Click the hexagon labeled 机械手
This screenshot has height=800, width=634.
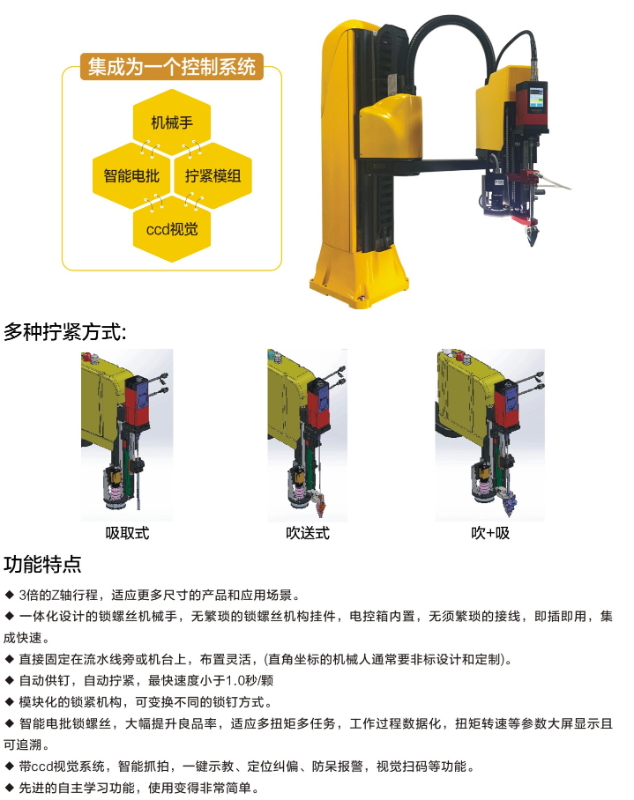[172, 122]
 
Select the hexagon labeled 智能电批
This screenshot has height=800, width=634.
[131, 175]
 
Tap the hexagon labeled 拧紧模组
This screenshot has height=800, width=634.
[213, 175]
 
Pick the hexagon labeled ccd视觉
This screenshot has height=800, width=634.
[172, 229]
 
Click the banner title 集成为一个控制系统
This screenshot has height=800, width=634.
[172, 67]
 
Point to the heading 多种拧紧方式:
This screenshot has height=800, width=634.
[65, 332]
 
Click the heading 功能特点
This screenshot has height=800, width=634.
[42, 564]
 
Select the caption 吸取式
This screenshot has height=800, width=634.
[127, 533]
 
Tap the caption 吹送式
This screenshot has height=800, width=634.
[308, 533]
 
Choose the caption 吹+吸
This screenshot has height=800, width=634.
[490, 533]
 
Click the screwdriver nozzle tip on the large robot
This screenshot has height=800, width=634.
[532, 239]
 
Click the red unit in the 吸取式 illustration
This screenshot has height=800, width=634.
[138, 402]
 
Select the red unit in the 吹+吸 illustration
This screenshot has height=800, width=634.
[506, 403]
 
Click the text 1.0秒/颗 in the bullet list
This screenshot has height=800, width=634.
[250, 680]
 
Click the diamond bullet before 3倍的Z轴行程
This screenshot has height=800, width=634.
[9, 595]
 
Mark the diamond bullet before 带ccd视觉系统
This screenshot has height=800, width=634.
[9, 766]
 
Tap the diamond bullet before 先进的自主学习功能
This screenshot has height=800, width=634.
[9, 788]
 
